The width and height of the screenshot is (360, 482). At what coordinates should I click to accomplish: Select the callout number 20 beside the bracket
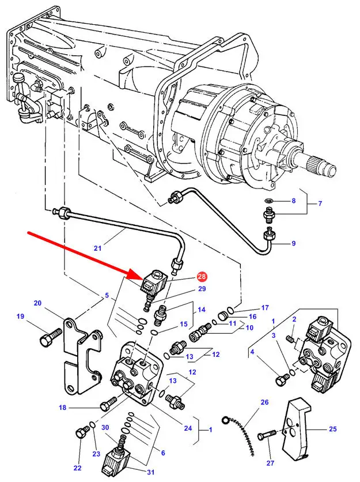point(38,303)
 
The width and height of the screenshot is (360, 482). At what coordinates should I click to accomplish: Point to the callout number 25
point(332,429)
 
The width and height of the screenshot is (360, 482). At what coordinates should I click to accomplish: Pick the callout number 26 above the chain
point(264,402)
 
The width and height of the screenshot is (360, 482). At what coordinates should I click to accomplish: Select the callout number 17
point(266,307)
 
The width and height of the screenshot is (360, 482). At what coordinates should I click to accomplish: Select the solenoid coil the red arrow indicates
point(155,284)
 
